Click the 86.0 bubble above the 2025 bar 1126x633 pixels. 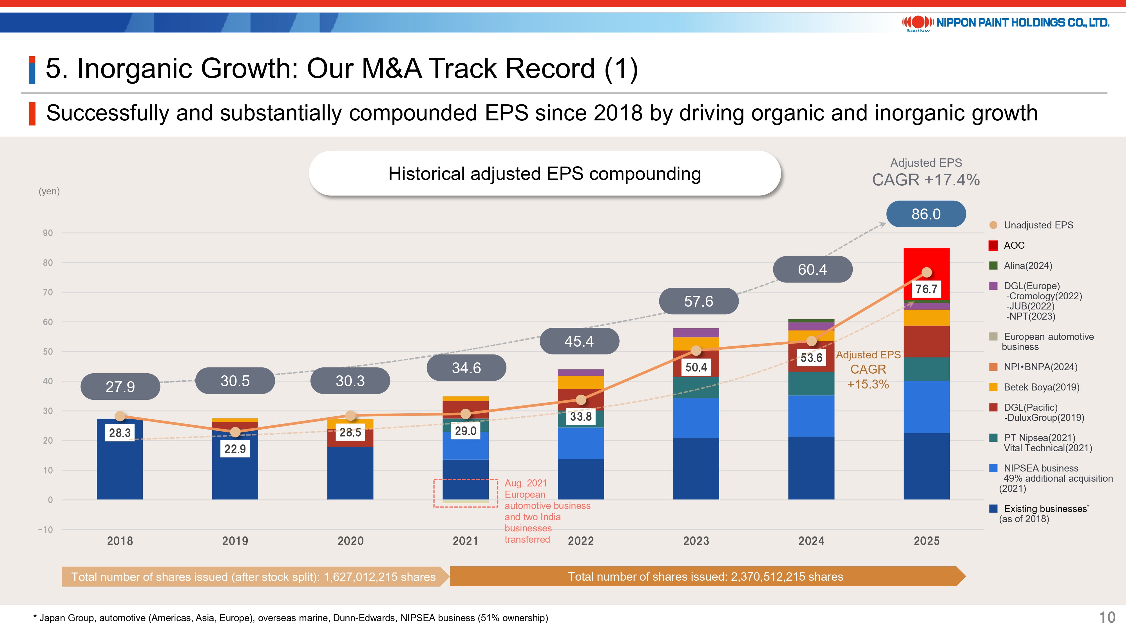click(926, 214)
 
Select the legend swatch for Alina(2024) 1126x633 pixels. click(993, 266)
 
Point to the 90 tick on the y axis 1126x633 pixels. click(48, 233)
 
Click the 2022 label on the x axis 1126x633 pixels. click(580, 541)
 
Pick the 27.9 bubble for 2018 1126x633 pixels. click(120, 387)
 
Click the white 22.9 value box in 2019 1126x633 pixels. click(235, 449)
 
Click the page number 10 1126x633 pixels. click(1107, 617)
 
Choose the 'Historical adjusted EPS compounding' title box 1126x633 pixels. click(545, 173)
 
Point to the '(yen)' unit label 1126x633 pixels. click(49, 191)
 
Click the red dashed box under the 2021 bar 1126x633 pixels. click(466, 493)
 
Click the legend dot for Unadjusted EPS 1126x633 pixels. click(993, 225)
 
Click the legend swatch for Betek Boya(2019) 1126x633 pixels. click(993, 387)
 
